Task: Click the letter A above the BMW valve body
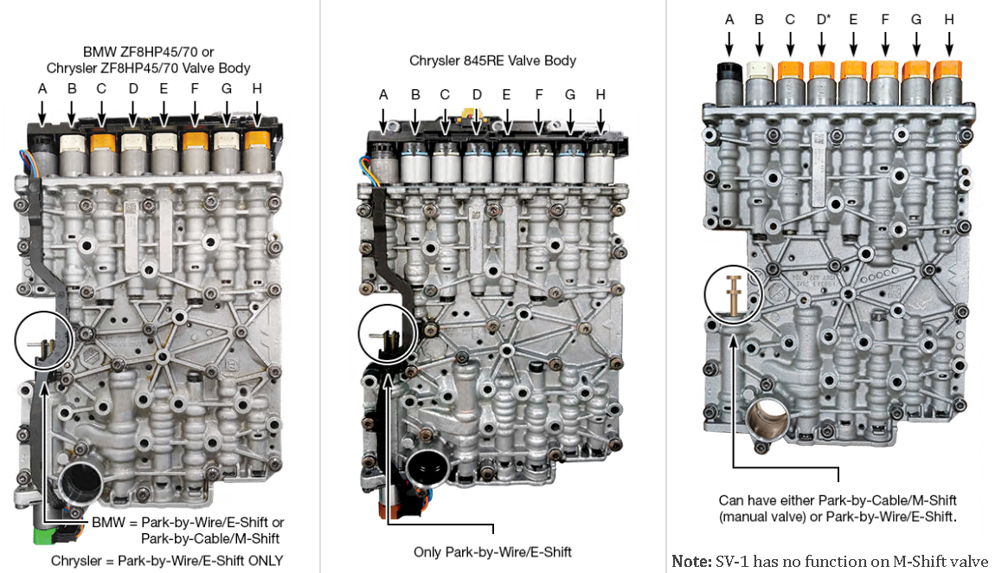[42, 87]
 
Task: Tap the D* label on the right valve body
[822, 19]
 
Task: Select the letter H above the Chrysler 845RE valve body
[600, 94]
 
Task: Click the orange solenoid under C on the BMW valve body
[102, 141]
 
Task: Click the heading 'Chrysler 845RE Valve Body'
[492, 61]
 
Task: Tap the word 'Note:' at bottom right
[690, 561]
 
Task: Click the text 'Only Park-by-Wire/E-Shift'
[491, 551]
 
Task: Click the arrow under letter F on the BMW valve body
[194, 112]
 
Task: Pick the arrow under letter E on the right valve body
[854, 42]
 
